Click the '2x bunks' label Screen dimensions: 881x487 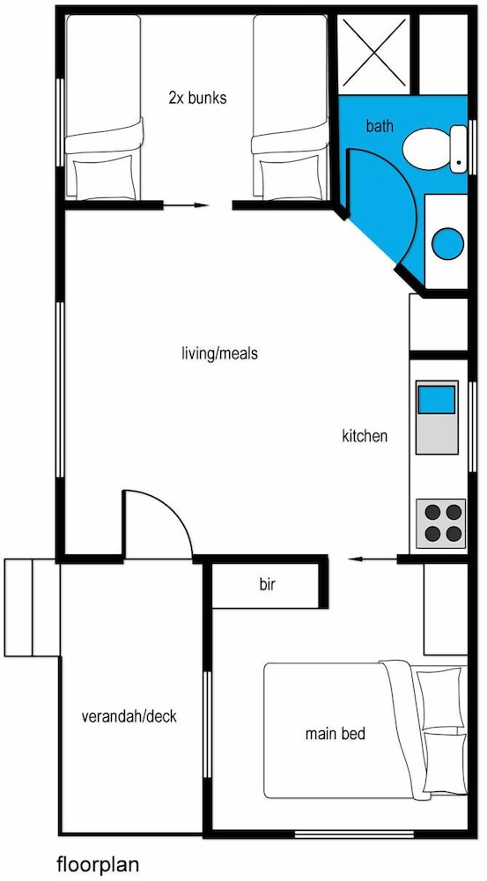[197, 99]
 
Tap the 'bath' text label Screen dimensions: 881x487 [380, 126]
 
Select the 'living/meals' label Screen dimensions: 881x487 [219, 354]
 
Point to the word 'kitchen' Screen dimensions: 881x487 [365, 435]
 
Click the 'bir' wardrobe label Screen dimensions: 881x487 [268, 584]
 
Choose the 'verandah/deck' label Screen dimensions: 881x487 [129, 716]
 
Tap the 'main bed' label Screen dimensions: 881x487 [335, 733]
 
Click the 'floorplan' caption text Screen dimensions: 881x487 [98, 863]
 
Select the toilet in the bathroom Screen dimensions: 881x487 [430, 148]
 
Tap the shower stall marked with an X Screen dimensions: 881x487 [370, 49]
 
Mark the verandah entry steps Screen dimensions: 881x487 [30, 607]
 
